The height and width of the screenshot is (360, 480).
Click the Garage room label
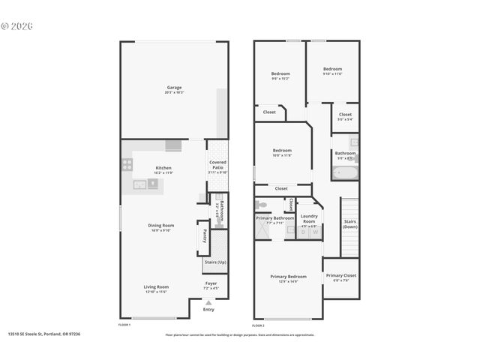tap(174, 88)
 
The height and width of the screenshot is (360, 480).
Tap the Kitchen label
tap(163, 168)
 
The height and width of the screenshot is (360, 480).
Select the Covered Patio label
tap(217, 165)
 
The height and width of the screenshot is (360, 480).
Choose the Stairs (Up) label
tap(214, 262)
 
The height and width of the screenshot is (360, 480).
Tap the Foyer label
tap(211, 283)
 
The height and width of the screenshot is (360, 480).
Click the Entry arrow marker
tap(208, 302)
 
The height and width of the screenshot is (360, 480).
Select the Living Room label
tap(157, 286)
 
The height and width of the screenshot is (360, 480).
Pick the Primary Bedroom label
tap(289, 277)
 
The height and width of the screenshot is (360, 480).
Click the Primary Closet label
tap(341, 276)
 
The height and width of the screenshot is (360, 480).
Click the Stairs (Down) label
tap(350, 223)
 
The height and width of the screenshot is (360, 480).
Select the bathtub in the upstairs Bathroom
tap(345, 173)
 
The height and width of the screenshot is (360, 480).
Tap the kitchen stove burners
tap(127, 165)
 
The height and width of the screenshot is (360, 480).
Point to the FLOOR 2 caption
tap(259, 325)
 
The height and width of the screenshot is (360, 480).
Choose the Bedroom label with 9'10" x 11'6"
tap(332, 69)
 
